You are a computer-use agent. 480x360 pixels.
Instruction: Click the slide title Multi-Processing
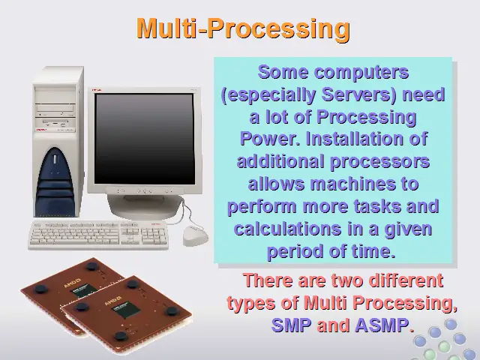(x=243, y=28)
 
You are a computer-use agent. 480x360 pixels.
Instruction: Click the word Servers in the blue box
(x=359, y=94)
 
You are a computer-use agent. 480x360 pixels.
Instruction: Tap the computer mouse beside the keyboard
(x=195, y=235)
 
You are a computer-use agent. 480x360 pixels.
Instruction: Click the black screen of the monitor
(x=144, y=139)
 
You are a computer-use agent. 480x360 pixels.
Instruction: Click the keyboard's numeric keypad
(x=154, y=236)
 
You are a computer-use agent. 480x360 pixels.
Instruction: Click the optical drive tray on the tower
(x=55, y=108)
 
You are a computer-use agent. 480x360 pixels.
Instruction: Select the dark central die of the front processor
(x=126, y=309)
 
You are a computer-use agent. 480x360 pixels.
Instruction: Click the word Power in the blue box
(x=270, y=139)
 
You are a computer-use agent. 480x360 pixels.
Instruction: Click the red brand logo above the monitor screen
(x=97, y=90)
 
